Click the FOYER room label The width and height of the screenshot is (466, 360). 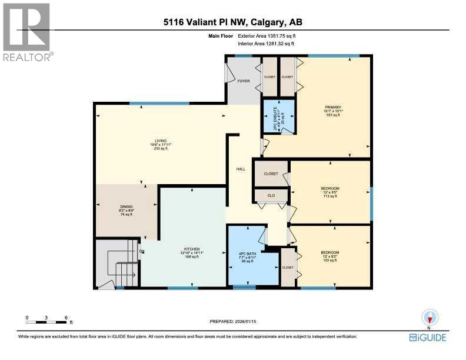(x=244, y=81)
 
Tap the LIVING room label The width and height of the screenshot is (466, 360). (x=157, y=141)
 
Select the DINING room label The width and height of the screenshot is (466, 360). (x=127, y=207)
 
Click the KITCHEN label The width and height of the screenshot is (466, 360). (x=192, y=248)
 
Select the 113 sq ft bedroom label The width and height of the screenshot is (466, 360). (x=331, y=189)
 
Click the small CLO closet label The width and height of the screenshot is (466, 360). (x=271, y=195)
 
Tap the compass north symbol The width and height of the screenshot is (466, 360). (x=430, y=319)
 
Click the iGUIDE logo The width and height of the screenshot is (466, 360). (x=428, y=338)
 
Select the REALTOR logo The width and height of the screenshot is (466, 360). (x=27, y=32)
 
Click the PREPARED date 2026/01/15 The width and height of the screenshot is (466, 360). (x=233, y=321)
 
